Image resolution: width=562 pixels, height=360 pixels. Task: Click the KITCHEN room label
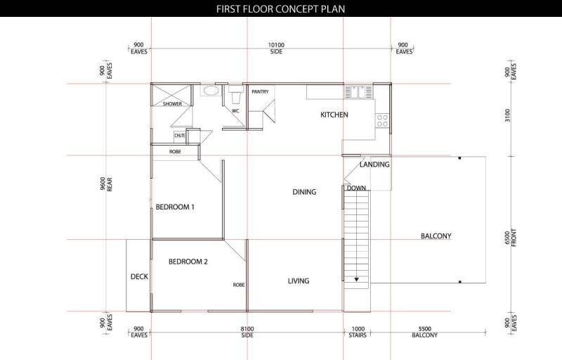334,115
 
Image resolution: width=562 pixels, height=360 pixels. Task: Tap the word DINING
304,192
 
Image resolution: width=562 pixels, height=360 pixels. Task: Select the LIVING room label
299,281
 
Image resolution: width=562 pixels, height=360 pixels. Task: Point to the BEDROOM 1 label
175,207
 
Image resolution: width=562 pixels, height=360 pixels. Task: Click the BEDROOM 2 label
188,262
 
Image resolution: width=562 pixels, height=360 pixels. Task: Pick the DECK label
139,276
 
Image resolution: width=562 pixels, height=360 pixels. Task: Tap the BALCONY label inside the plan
436,236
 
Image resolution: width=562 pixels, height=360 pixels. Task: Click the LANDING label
374,165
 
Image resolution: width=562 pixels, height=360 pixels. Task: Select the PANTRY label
260,92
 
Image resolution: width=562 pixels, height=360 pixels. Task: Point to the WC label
235,111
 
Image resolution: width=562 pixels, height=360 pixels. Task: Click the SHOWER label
172,103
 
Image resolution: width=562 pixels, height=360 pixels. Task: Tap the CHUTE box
180,136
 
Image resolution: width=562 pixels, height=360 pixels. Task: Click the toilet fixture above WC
235,94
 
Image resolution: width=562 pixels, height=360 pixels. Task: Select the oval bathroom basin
209,91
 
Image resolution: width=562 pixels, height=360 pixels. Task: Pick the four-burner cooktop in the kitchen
382,121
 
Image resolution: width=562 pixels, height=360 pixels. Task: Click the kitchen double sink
358,92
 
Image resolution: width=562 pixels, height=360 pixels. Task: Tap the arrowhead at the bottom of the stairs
356,279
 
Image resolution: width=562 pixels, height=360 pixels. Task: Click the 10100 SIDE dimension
276,48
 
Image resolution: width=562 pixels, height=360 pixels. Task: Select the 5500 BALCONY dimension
425,332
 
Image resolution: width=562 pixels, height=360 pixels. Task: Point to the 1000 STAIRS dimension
358,332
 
